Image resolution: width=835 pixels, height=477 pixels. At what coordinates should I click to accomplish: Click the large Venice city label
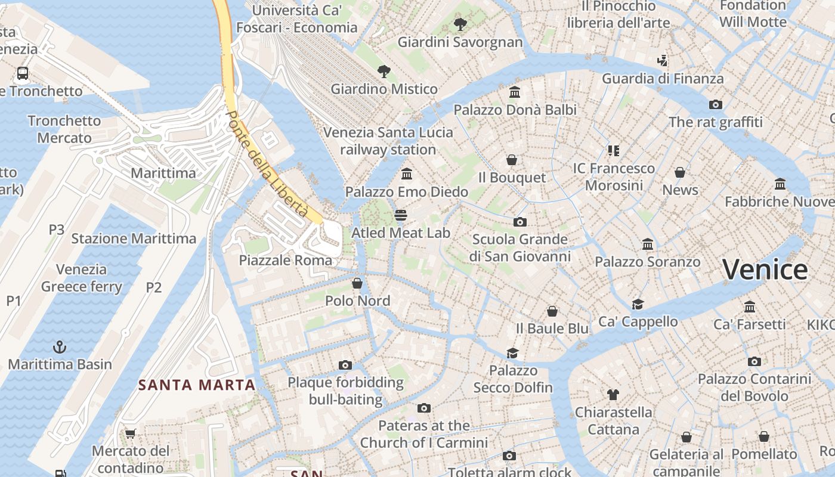[765, 270]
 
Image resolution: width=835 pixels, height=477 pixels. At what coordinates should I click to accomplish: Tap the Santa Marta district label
[197, 385]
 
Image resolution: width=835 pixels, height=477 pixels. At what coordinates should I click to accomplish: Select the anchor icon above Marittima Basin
[60, 347]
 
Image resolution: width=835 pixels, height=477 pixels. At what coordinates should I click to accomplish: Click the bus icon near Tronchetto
[23, 73]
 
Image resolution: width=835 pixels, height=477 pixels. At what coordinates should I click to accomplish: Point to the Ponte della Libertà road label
[268, 164]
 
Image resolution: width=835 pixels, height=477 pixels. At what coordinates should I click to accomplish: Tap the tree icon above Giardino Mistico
[384, 72]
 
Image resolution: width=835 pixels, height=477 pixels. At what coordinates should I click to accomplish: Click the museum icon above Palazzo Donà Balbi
[515, 92]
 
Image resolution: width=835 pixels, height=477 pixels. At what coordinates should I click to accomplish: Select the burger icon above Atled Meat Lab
[401, 215]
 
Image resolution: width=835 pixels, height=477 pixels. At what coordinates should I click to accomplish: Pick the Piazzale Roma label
[286, 260]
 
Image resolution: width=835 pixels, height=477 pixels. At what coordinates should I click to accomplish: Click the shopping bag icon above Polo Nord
[357, 283]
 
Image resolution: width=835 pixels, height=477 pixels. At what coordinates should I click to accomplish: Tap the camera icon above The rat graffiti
[716, 104]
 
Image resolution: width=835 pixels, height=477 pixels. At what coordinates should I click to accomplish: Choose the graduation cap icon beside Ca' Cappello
[638, 304]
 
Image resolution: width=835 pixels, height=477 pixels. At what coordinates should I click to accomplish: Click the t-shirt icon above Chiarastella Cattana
[613, 394]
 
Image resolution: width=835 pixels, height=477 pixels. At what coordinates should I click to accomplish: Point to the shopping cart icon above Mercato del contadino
[131, 433]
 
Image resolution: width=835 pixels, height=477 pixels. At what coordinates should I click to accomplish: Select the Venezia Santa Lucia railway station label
[388, 141]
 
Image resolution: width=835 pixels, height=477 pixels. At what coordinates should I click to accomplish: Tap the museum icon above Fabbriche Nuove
[780, 184]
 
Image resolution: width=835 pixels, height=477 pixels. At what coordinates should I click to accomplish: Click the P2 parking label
[154, 287]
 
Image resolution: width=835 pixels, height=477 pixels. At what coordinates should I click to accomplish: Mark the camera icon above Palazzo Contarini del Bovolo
[754, 361]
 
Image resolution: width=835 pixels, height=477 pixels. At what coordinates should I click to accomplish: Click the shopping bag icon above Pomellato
[764, 436]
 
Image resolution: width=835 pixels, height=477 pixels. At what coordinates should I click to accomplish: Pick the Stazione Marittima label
[134, 238]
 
